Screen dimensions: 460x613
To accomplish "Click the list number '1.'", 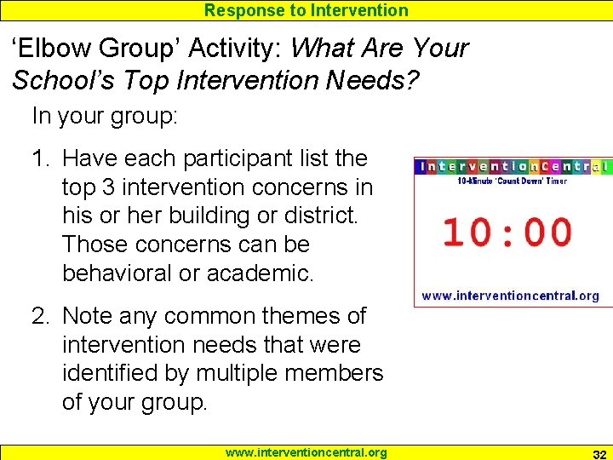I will (x=42, y=158).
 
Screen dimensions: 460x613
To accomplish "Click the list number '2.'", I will (x=42, y=316).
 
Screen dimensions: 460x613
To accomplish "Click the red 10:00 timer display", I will (x=507, y=233).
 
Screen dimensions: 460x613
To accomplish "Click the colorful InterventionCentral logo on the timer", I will (x=513, y=166).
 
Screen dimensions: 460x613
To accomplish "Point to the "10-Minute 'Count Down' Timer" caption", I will (x=513, y=181).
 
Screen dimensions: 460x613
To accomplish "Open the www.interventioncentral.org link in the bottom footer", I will (x=306, y=452).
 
